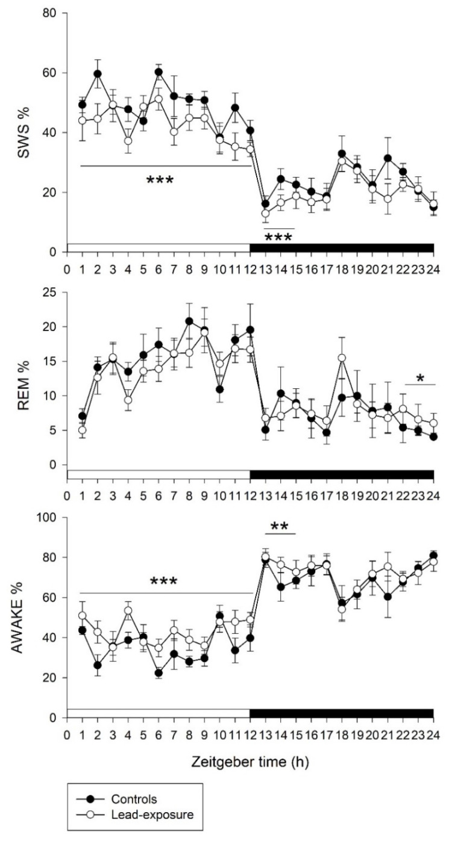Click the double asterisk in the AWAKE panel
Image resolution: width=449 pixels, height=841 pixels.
pos(280,527)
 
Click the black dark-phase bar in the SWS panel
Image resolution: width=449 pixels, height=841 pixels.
pos(342,247)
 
